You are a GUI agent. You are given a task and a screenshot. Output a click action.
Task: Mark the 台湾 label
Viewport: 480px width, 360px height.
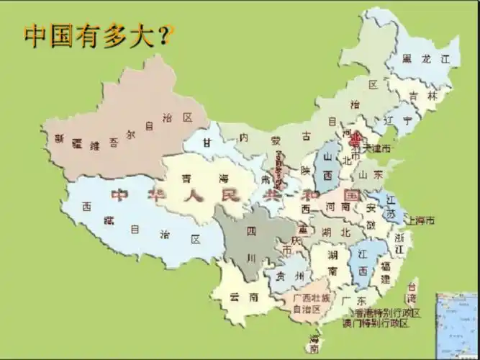point(411,292)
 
